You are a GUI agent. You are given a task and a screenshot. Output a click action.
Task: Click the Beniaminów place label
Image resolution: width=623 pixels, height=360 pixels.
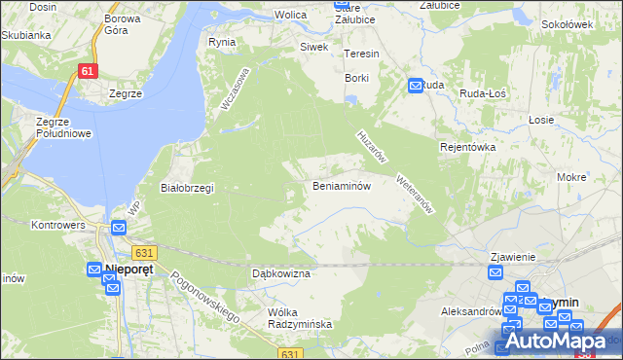[x=341, y=186]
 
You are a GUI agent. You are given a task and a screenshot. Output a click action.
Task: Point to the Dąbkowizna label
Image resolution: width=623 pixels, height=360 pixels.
[x=280, y=274]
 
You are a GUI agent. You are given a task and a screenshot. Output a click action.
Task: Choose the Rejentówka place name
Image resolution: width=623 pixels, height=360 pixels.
[x=468, y=147]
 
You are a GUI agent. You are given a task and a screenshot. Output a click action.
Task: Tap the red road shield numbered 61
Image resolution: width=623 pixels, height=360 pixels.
[x=88, y=71]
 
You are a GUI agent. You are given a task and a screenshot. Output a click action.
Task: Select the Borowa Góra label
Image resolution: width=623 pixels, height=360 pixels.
[x=123, y=24]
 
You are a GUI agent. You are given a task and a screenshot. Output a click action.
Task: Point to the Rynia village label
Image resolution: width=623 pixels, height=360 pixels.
[x=222, y=43]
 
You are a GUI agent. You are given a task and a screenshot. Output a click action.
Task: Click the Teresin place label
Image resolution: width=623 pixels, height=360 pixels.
[x=361, y=54]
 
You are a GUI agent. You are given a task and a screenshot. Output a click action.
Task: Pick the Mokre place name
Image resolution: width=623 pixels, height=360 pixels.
[x=571, y=178]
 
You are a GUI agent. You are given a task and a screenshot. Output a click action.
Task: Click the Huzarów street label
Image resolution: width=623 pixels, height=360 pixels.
[x=373, y=147]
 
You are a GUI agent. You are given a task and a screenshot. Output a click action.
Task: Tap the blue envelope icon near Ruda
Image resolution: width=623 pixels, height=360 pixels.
[x=415, y=86]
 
